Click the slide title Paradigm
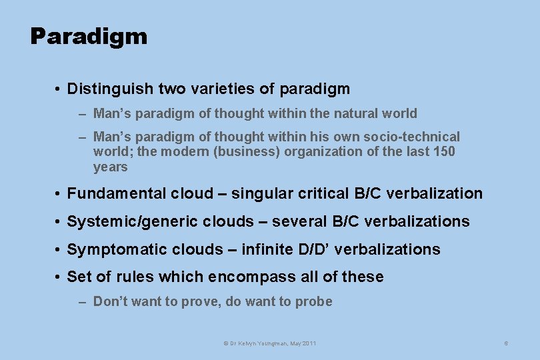tap(89, 36)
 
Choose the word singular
tap(260, 194)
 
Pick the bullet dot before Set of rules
tap(59, 277)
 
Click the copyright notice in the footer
tap(269, 343)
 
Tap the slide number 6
tap(506, 343)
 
